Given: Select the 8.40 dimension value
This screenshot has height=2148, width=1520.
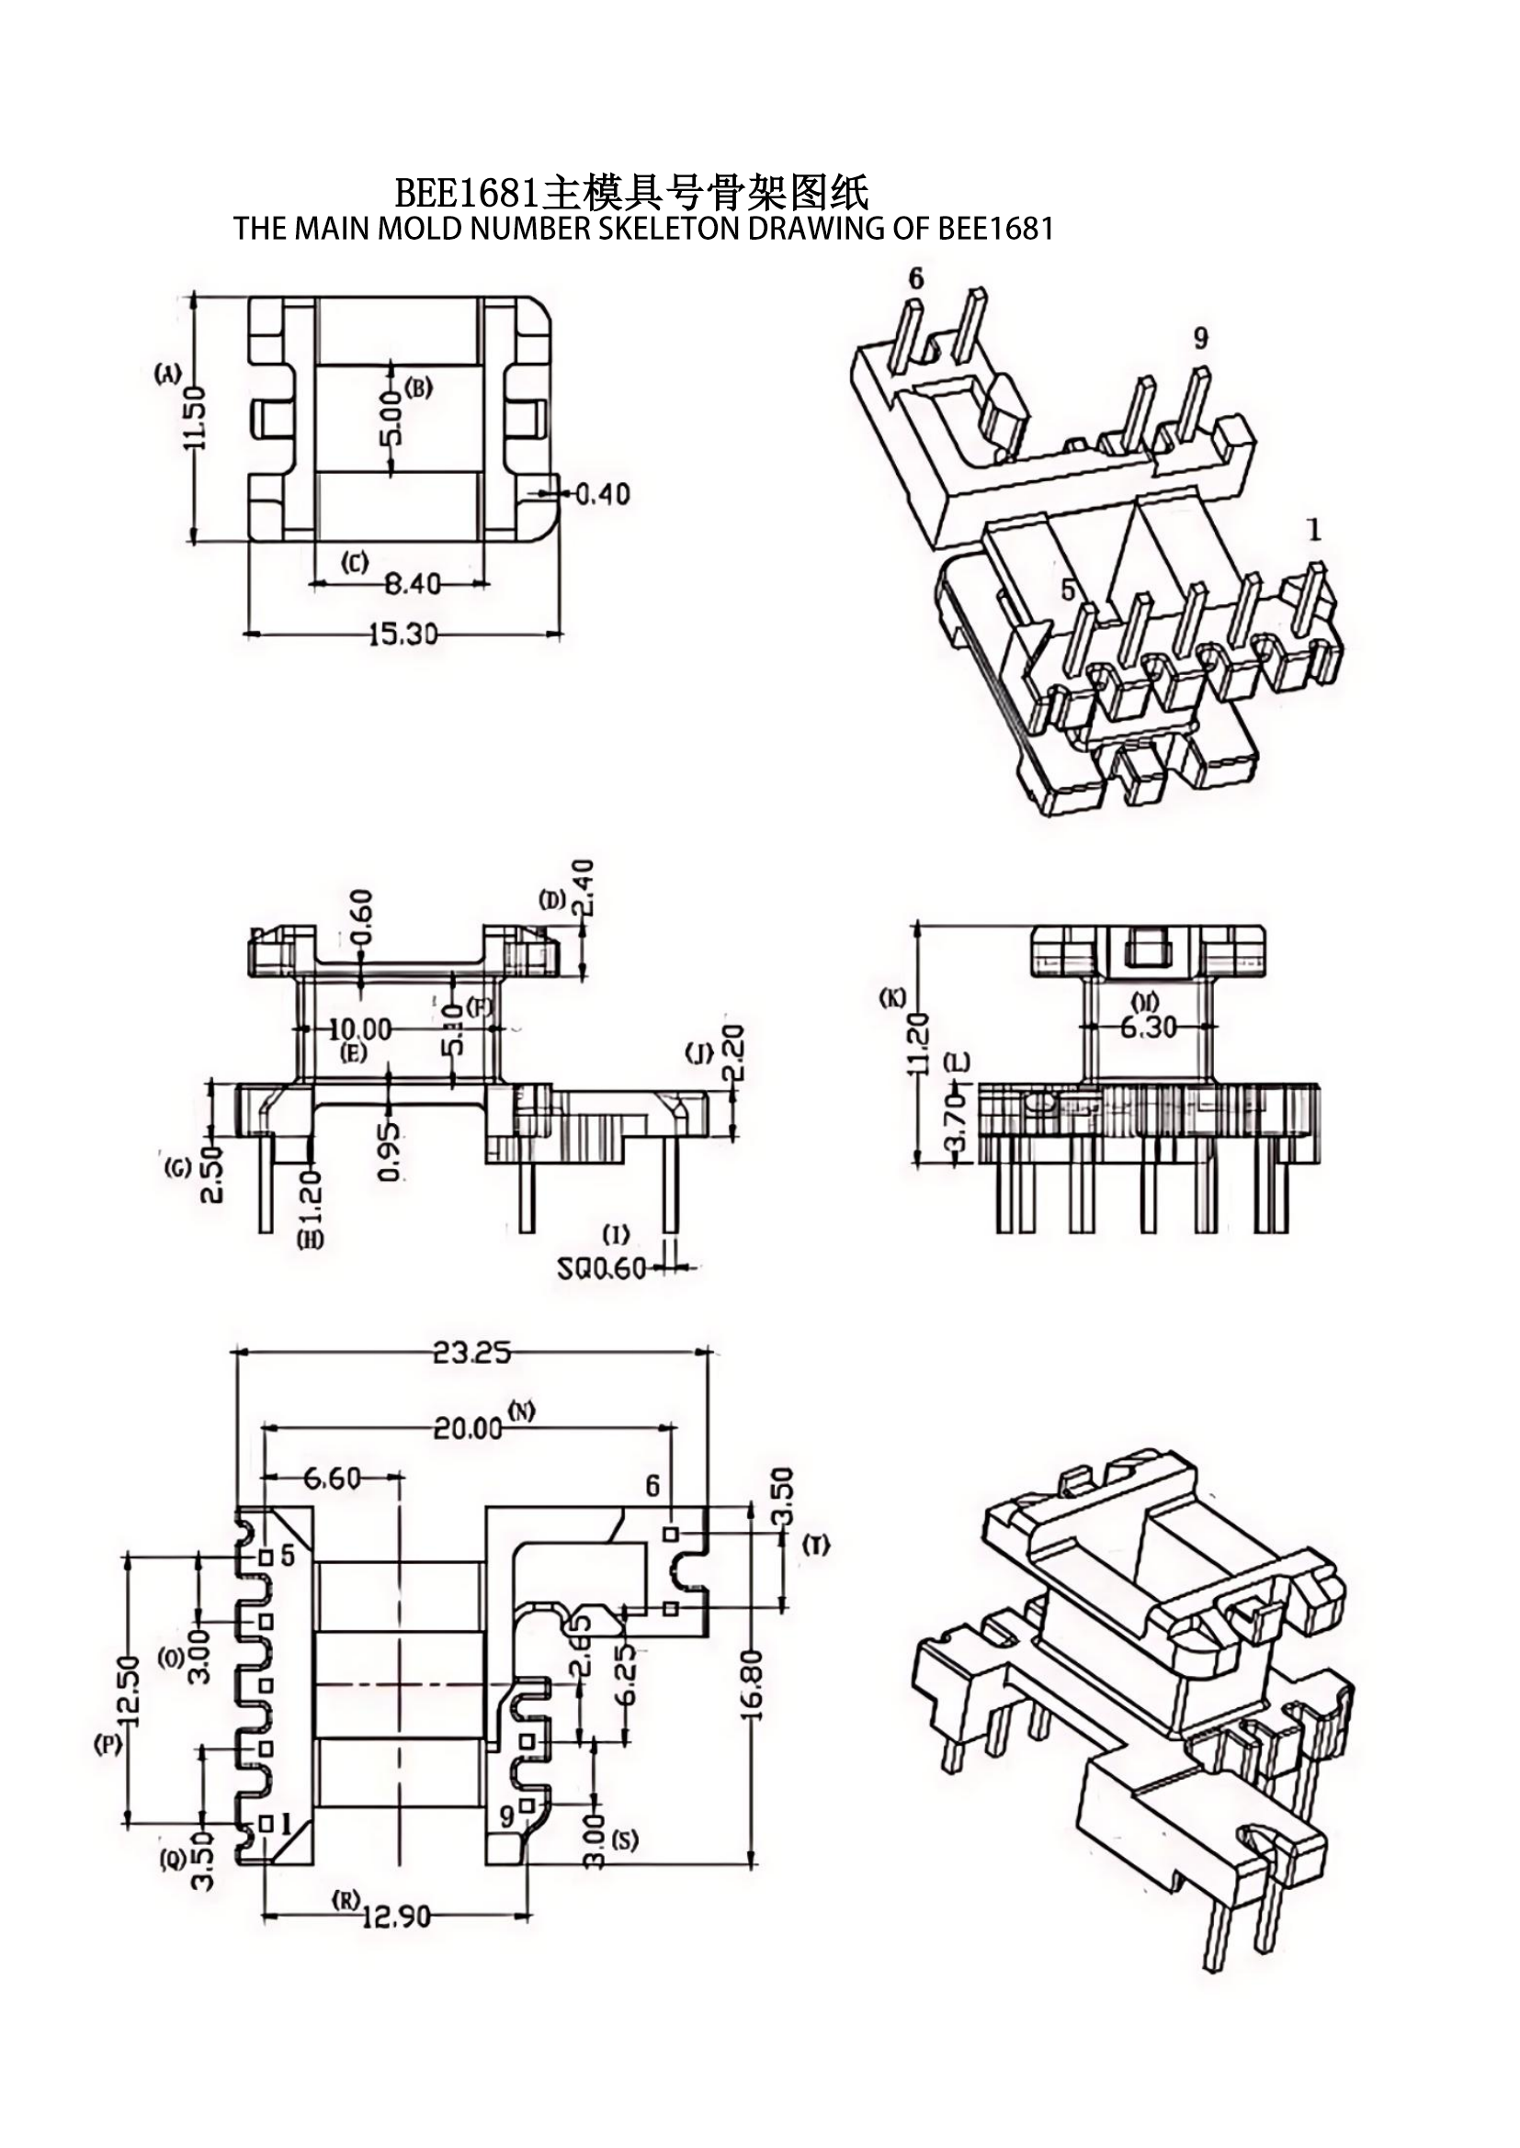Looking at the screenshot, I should click(413, 584).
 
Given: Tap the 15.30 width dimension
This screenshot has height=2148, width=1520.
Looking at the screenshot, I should click(403, 635).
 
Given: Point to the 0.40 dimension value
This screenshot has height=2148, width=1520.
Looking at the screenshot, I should click(602, 493).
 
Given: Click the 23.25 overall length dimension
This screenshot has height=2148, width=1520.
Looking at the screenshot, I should click(471, 1352).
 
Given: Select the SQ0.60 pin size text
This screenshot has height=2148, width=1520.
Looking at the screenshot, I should click(601, 1268).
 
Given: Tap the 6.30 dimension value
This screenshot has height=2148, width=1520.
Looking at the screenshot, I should click(1148, 1027).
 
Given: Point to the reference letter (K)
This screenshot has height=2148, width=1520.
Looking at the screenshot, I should click(892, 998).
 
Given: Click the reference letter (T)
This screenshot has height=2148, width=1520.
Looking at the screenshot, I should click(816, 1546).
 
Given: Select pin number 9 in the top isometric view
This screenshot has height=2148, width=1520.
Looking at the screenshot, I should click(1202, 338).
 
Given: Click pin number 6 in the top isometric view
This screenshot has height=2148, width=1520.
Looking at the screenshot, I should click(915, 278).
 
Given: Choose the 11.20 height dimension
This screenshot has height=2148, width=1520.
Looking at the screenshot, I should click(917, 1042).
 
